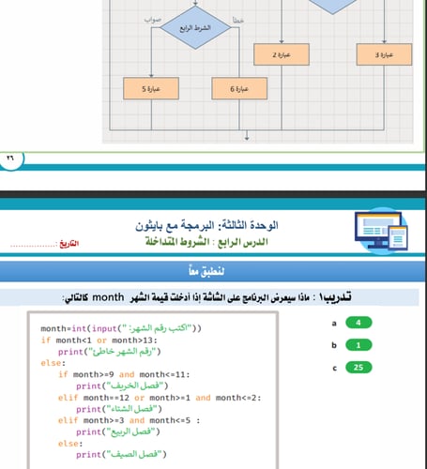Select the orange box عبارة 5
tap(151, 90)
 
